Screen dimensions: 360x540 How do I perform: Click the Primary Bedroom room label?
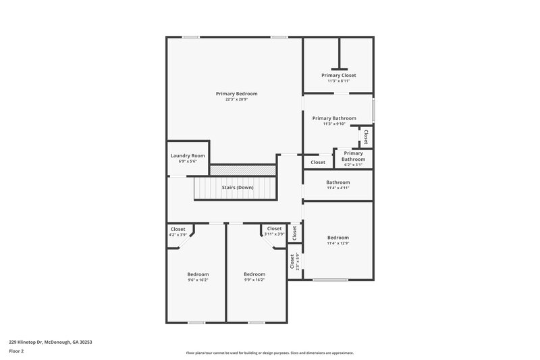click(x=236, y=93)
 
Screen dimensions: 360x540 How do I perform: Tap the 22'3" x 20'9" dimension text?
click(x=236, y=99)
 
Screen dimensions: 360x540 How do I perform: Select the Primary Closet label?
click(x=338, y=75)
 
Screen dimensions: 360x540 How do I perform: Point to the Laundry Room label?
click(x=188, y=155)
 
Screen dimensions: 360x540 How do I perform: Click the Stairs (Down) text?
click(x=237, y=187)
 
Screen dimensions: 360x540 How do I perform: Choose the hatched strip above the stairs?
click(x=243, y=170)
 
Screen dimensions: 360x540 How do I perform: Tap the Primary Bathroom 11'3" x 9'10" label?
click(x=334, y=118)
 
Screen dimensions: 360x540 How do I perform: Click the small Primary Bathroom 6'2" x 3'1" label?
click(x=353, y=159)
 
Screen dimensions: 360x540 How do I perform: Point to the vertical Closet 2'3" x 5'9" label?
click(x=294, y=262)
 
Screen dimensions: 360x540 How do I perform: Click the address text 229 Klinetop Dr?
click(x=50, y=342)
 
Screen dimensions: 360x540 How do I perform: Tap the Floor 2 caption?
click(x=16, y=351)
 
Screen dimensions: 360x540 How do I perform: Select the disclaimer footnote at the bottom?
click(x=270, y=353)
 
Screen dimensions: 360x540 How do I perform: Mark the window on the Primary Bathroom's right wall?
click(x=373, y=110)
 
